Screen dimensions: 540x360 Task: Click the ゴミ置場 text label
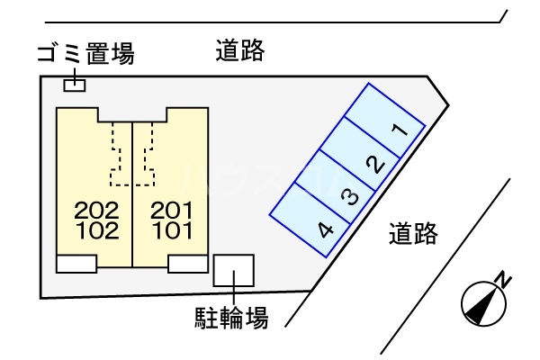point(85,54)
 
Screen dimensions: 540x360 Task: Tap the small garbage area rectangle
point(75,85)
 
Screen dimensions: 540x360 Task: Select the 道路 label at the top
point(240,50)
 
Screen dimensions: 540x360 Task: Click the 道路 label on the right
point(413,233)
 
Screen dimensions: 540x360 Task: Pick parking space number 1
point(385,121)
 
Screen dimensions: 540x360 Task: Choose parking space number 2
point(361,154)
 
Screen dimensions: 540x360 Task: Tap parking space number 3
point(336,187)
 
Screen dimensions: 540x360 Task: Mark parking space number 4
point(310,220)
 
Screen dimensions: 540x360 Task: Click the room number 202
point(97,211)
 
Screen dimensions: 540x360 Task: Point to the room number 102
point(98,230)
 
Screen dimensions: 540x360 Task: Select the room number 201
point(172,211)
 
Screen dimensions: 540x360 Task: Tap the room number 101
point(173,230)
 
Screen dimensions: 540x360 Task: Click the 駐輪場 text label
point(231,318)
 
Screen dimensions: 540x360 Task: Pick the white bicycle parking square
point(234,270)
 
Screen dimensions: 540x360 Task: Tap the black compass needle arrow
point(482,304)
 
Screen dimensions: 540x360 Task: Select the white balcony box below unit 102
point(76,264)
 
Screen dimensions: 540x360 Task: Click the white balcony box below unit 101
point(188,264)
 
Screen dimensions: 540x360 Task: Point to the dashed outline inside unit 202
point(116,154)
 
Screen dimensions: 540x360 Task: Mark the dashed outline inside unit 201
point(148,154)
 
